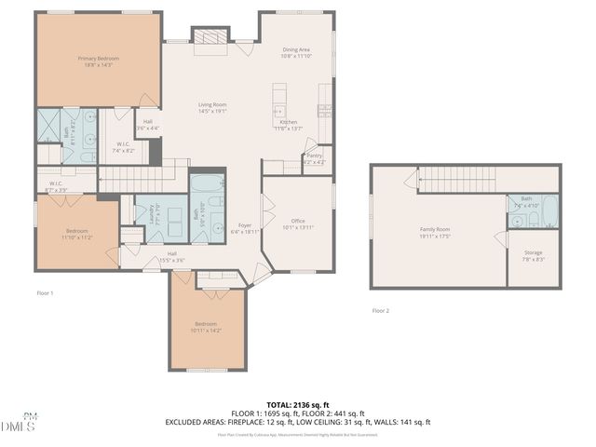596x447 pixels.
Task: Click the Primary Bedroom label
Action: tap(98, 58)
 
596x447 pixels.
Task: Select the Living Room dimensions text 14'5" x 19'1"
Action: tap(212, 112)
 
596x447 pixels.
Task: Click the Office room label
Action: tap(298, 221)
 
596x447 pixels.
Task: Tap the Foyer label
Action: tap(245, 225)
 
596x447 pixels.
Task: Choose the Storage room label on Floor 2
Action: tap(533, 252)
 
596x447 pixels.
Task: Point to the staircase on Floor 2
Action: tap(455, 178)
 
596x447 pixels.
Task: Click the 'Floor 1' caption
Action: tap(45, 293)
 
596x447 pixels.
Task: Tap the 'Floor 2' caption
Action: tap(381, 310)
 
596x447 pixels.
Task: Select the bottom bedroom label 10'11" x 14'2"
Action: tap(206, 327)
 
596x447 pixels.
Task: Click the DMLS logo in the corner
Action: tap(19, 425)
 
